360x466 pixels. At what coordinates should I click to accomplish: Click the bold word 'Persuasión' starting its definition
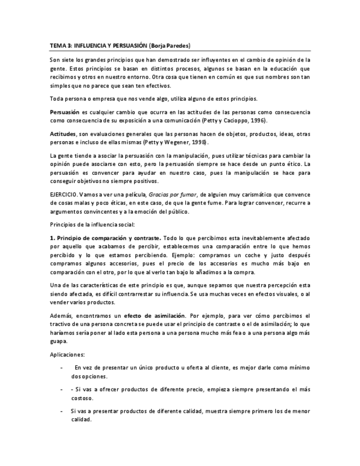pos(65,112)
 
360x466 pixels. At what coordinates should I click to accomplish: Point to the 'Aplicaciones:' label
pos(67,354)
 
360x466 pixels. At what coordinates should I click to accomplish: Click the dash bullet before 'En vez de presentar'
pos(61,368)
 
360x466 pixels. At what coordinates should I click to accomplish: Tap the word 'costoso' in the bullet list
pos(82,398)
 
